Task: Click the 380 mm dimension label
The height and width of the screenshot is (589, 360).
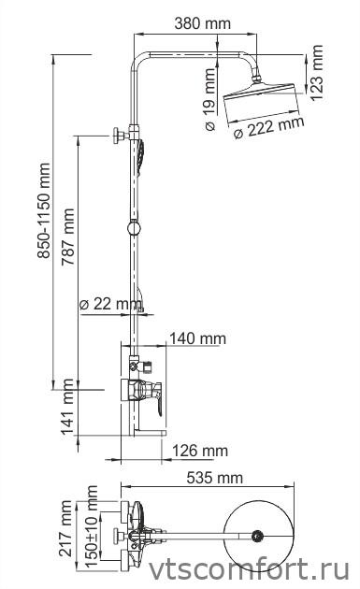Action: [203, 23]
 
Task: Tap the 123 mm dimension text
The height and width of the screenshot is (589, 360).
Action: [316, 73]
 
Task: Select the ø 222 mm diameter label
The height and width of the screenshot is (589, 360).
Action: [268, 127]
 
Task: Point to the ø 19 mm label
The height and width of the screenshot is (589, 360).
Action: [210, 99]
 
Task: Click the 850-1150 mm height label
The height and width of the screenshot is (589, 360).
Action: [44, 210]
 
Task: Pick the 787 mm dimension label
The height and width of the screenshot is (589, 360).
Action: [68, 237]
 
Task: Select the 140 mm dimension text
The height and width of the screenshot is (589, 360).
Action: [197, 338]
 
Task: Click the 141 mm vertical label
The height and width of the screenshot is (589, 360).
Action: [68, 407]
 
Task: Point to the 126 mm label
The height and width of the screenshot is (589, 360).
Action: [200, 451]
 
